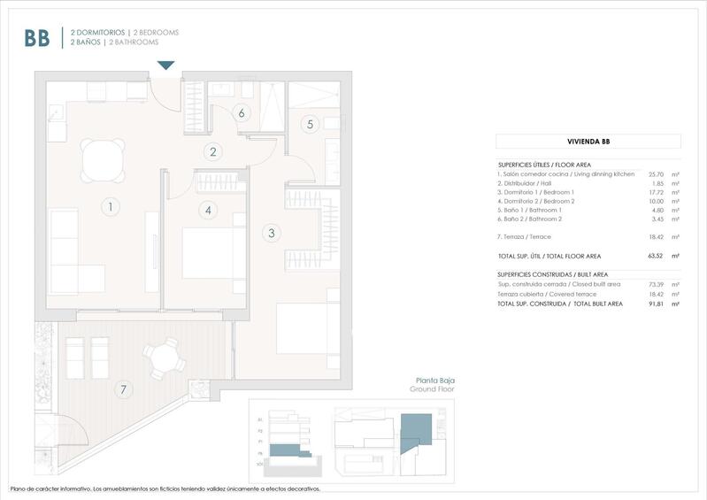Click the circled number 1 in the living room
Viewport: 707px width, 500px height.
110,207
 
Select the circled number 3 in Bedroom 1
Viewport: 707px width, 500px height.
271,234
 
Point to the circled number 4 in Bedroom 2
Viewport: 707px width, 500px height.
207,210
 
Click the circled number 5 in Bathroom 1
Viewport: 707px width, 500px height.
310,124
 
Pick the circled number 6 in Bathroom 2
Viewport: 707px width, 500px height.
241,112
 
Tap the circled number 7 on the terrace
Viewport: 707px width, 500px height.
124,388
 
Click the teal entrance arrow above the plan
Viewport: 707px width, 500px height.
165,65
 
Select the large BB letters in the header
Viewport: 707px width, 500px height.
37,37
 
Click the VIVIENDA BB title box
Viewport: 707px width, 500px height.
588,141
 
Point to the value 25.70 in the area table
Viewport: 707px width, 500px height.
656,174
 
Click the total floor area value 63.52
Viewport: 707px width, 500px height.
656,256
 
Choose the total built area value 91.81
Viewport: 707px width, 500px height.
656,304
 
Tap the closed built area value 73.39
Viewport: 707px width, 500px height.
656,285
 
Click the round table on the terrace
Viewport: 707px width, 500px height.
162,359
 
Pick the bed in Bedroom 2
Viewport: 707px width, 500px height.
213,254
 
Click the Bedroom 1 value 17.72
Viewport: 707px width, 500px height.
656,192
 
